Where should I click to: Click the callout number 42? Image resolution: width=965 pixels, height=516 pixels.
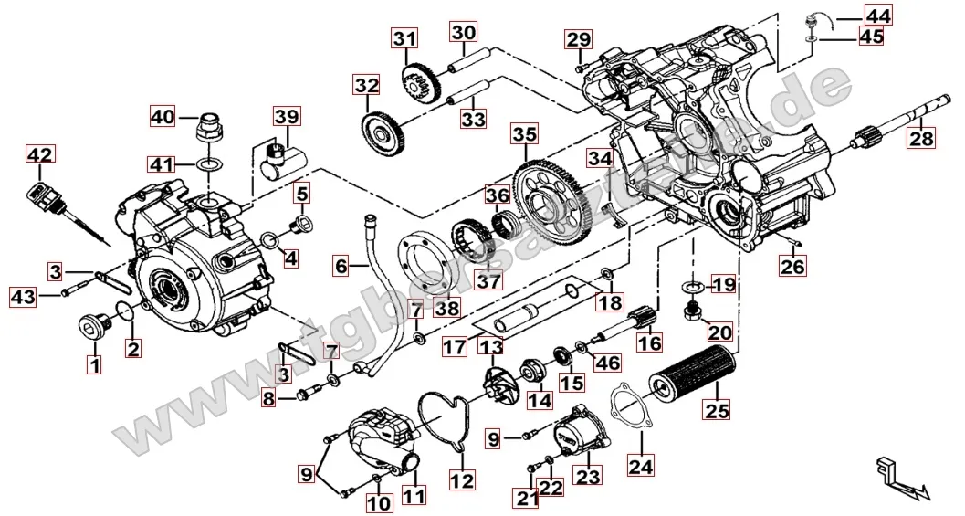[39, 155]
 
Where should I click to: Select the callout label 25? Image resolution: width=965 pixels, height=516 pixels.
[717, 410]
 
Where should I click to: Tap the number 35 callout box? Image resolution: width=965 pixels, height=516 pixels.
[524, 134]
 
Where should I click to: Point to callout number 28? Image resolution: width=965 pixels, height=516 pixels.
[921, 139]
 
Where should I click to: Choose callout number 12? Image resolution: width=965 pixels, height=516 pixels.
[462, 479]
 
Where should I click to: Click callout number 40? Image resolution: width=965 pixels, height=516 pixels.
[163, 117]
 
